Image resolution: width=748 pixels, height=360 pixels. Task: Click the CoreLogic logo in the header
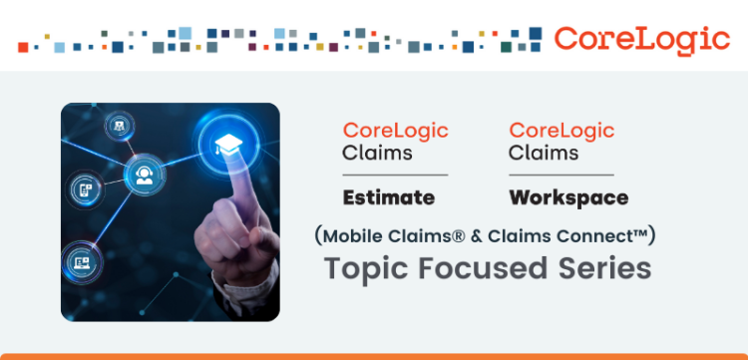pos(641,39)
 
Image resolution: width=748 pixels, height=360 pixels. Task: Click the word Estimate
pos(389,197)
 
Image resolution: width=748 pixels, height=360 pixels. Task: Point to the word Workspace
pos(568,197)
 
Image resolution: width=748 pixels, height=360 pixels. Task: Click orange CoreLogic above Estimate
pos(395,131)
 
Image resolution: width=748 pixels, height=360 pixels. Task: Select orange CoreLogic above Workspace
pos(561,131)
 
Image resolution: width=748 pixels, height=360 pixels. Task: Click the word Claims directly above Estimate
pos(377,154)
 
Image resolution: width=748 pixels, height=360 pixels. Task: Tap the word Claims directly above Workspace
pos(544,154)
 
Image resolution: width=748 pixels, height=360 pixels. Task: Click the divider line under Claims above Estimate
pos(395,175)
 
